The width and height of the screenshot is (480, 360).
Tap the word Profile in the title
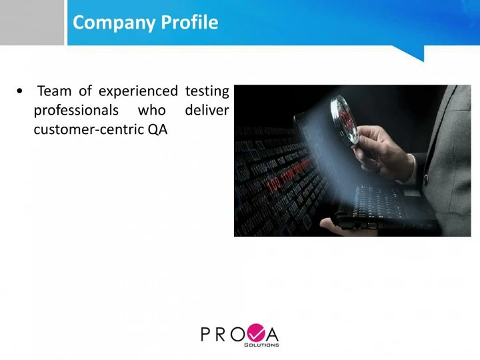[189, 22]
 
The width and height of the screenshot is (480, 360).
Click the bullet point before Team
[19, 91]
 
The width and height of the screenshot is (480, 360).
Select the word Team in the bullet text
[54, 91]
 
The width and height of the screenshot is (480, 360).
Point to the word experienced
[138, 91]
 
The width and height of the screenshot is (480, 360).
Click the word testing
[207, 91]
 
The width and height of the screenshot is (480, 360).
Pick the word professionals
[76, 111]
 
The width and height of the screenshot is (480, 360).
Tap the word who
[152, 110]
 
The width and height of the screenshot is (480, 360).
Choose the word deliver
[207, 110]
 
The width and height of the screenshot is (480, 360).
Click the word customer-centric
[89, 129]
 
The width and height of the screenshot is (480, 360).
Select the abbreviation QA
[157, 129]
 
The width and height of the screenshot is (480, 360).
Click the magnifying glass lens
[345, 119]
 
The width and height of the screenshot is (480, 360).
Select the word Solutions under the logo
[261, 345]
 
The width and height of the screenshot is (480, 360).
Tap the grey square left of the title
[32, 23]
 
